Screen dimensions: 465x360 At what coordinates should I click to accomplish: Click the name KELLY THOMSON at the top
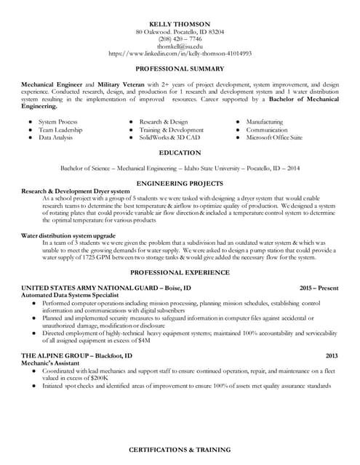[x=180, y=24]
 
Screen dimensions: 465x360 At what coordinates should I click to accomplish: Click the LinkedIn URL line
[x=180, y=54]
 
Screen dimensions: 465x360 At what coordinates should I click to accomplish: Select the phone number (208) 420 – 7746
[x=180, y=39]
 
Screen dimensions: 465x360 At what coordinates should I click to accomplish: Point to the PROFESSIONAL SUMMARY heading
[x=180, y=68]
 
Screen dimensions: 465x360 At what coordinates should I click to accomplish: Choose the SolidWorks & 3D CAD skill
[x=169, y=137]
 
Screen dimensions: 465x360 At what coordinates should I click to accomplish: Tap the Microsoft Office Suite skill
[x=274, y=137]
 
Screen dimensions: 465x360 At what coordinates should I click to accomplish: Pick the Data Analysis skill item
[x=56, y=137]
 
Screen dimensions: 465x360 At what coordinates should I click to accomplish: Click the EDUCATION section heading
[x=180, y=153]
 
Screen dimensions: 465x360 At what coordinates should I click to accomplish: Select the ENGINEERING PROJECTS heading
[x=180, y=184]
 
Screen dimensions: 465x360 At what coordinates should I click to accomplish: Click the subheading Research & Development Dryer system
[x=76, y=191]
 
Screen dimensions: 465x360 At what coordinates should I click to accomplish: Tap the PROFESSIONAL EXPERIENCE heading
[x=180, y=272]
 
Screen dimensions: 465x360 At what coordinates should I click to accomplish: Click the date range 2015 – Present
[x=319, y=288]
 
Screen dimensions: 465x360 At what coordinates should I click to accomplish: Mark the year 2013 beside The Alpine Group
[x=332, y=356]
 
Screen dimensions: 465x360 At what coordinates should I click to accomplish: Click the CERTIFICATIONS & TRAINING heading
[x=180, y=451]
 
